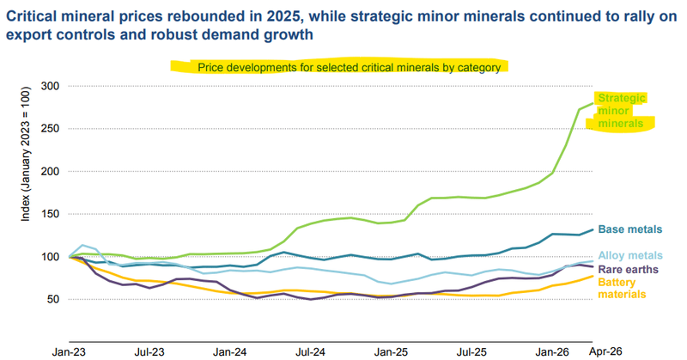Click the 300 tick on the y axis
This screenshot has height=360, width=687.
click(x=50, y=86)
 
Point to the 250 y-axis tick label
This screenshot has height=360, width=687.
click(x=50, y=129)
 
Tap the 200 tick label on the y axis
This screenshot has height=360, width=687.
click(x=50, y=172)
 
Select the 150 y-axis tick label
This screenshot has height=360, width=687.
click(x=50, y=214)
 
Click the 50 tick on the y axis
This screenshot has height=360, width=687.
click(x=53, y=300)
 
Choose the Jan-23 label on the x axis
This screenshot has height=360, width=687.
click(x=69, y=352)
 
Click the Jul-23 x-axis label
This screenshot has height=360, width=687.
click(x=149, y=352)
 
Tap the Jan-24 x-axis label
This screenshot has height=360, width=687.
click(x=230, y=352)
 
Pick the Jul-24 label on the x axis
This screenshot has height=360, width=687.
click(x=311, y=352)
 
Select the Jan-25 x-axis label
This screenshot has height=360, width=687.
click(x=392, y=352)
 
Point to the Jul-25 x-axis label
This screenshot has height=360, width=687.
click(x=471, y=352)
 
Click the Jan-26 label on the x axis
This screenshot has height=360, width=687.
click(x=552, y=352)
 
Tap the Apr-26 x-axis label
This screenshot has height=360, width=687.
click(x=605, y=351)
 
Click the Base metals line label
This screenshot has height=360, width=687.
click(x=630, y=229)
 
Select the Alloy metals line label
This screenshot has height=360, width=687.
click(x=630, y=256)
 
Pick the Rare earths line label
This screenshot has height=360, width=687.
click(x=629, y=269)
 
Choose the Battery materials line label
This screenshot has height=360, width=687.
click(x=622, y=288)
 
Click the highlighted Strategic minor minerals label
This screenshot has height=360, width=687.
click(x=621, y=111)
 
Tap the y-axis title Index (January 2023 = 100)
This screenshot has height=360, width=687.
click(x=26, y=154)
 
